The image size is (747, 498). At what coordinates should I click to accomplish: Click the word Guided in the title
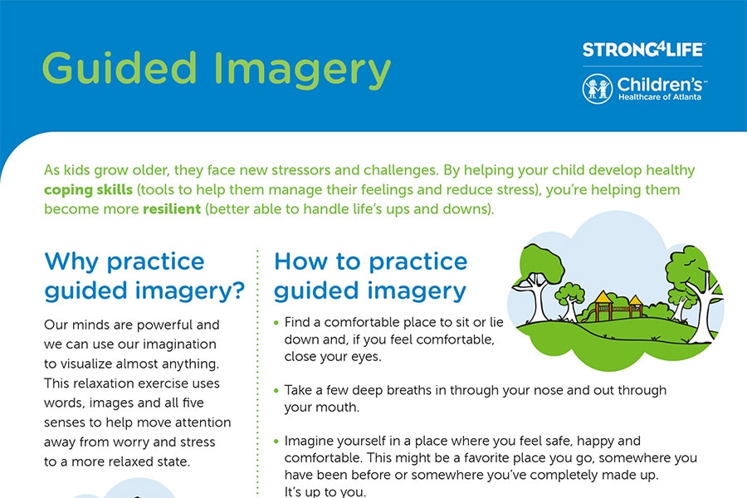point(120,68)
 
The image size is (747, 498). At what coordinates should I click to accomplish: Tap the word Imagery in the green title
point(302,71)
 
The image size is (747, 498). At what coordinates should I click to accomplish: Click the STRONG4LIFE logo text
point(642,50)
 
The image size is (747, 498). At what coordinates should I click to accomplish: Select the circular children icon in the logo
point(597,89)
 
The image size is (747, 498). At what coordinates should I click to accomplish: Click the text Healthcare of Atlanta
point(660,97)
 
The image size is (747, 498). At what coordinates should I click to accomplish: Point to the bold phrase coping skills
point(88,190)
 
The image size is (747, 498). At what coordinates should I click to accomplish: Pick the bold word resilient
point(172,208)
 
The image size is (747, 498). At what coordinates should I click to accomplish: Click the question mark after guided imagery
point(237,290)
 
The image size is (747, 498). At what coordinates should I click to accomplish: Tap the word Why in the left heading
point(71,261)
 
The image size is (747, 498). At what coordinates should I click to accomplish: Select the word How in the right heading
point(300,261)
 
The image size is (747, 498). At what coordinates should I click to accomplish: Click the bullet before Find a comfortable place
point(276,323)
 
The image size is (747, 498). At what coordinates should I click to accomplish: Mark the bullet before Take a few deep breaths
point(276,391)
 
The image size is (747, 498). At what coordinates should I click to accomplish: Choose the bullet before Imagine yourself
point(276,442)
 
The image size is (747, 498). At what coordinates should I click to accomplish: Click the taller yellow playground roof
point(603,297)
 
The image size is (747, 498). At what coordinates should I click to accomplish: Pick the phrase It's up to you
point(325,491)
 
